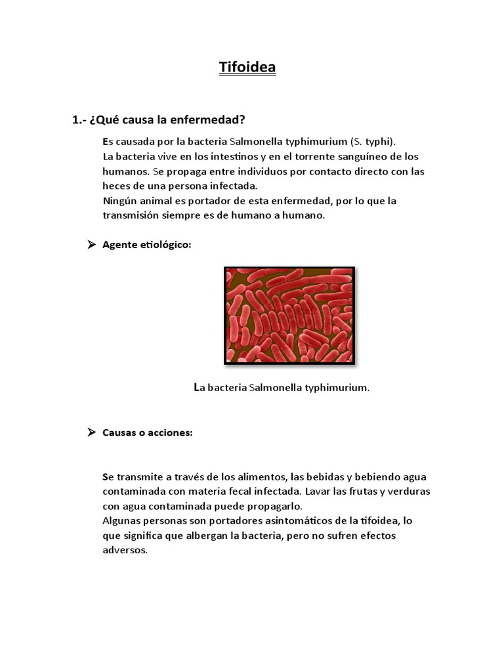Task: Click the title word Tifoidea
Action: coord(247,68)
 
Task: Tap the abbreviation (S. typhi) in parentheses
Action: coord(373,142)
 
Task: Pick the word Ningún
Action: coord(120,200)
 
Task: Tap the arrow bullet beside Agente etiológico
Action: coord(91,245)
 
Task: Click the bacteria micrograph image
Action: coord(289,315)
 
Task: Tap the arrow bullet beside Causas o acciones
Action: coord(91,432)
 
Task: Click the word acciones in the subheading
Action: coord(169,432)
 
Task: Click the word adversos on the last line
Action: coord(125,550)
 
